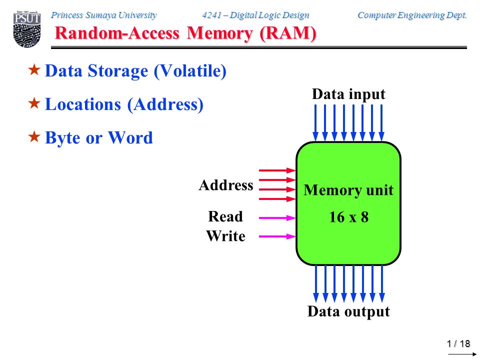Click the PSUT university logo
27,29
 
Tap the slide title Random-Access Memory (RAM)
185,33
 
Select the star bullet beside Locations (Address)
34,103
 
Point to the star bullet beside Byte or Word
34,137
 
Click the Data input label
348,94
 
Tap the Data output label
348,311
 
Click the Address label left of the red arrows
226,185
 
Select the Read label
225,216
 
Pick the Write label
225,236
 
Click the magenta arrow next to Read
277,218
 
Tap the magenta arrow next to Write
277,236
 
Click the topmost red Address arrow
277,170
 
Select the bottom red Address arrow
277,199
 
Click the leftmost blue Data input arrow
315,123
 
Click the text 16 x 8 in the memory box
348,217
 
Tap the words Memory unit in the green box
348,190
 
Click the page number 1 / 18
458,344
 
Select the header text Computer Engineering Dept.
412,15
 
